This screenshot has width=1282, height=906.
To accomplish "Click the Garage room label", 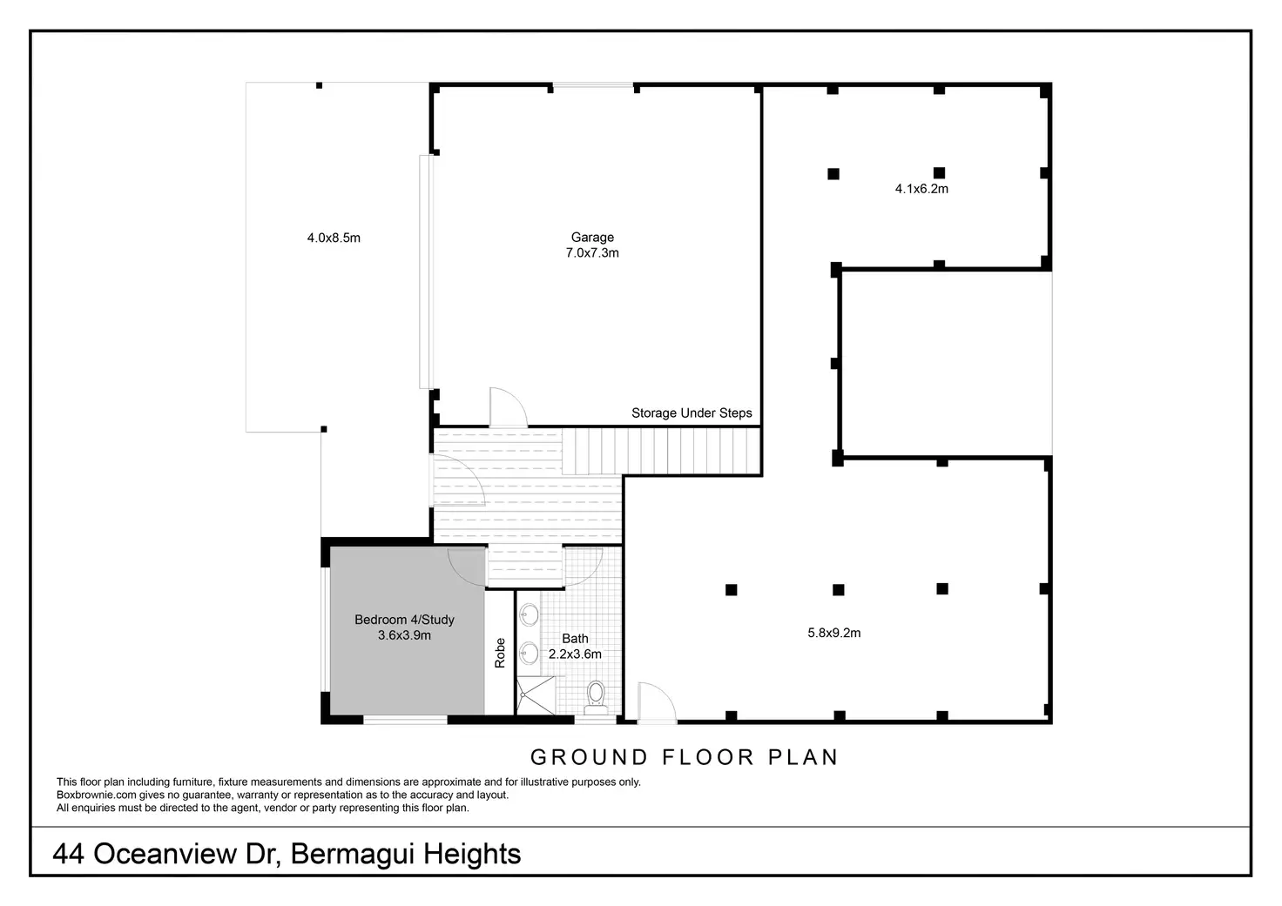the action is [592, 237].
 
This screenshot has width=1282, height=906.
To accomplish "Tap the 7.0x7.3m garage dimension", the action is [592, 253].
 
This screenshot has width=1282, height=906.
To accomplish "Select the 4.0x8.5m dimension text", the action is [334, 238].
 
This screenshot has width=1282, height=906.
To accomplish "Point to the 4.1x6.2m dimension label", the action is [921, 188].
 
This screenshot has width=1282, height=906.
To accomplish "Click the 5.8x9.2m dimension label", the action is [833, 633].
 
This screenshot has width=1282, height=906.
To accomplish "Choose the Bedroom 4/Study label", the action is [404, 620].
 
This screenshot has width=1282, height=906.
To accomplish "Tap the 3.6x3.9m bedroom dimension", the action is [404, 636].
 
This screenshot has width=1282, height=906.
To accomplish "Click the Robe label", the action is [500, 653].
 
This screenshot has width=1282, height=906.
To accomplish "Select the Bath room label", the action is [575, 639].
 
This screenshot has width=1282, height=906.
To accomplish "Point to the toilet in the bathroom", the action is [596, 696].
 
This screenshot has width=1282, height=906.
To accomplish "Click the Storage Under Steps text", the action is [692, 413].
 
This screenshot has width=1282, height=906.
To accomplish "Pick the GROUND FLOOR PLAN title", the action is [684, 757].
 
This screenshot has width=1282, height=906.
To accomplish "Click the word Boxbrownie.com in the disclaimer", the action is [96, 795].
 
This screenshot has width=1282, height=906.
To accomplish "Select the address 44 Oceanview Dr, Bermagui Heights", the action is [287, 854].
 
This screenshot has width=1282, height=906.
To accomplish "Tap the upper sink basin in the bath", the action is [529, 615].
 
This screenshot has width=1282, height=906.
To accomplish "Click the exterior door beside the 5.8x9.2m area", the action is [657, 702].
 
